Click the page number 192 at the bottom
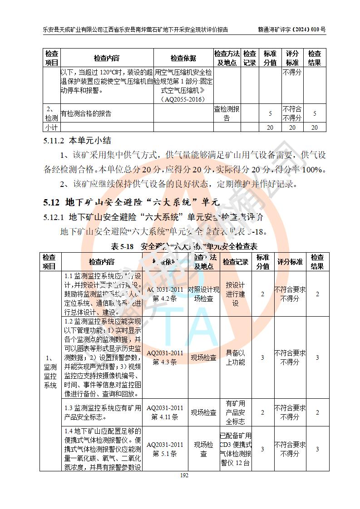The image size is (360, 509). coord(184,475)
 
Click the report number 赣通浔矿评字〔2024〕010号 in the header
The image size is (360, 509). coord(291,29)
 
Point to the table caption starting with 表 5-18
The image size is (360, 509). coord(184,246)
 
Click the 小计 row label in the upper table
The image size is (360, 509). coord(51,127)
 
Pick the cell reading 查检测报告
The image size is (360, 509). coord(227,113)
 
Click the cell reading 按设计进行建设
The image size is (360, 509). coord(235,294)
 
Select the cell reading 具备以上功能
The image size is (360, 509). coord(235,357)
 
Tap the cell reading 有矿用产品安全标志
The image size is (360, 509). coord(235,412)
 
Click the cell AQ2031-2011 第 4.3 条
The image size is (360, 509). coord(165,357)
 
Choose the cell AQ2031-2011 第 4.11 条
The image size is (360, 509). coord(165,412)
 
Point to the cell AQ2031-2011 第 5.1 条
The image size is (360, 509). coord(165,449)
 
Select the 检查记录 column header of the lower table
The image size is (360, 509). coord(235,262)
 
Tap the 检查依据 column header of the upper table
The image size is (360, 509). coord(183,59)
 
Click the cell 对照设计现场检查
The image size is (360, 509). coord(203,294)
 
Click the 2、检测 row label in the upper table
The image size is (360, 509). coord(51,113)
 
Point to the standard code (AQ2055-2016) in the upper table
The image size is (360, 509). coord(183,99)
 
